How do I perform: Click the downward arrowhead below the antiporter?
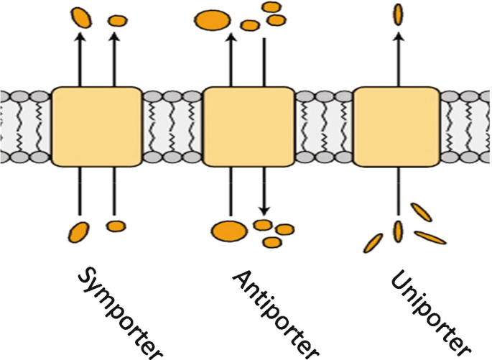click(x=264, y=211)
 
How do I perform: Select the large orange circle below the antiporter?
click(x=228, y=231)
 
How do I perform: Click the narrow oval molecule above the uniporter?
click(x=396, y=14)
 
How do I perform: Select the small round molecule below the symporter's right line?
click(x=115, y=226)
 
